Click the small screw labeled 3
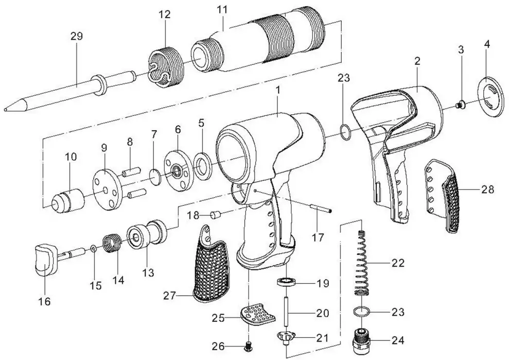pos(461,105)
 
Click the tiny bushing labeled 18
pos(216,213)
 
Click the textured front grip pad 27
pos(214,267)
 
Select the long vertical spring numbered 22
pos(363,263)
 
